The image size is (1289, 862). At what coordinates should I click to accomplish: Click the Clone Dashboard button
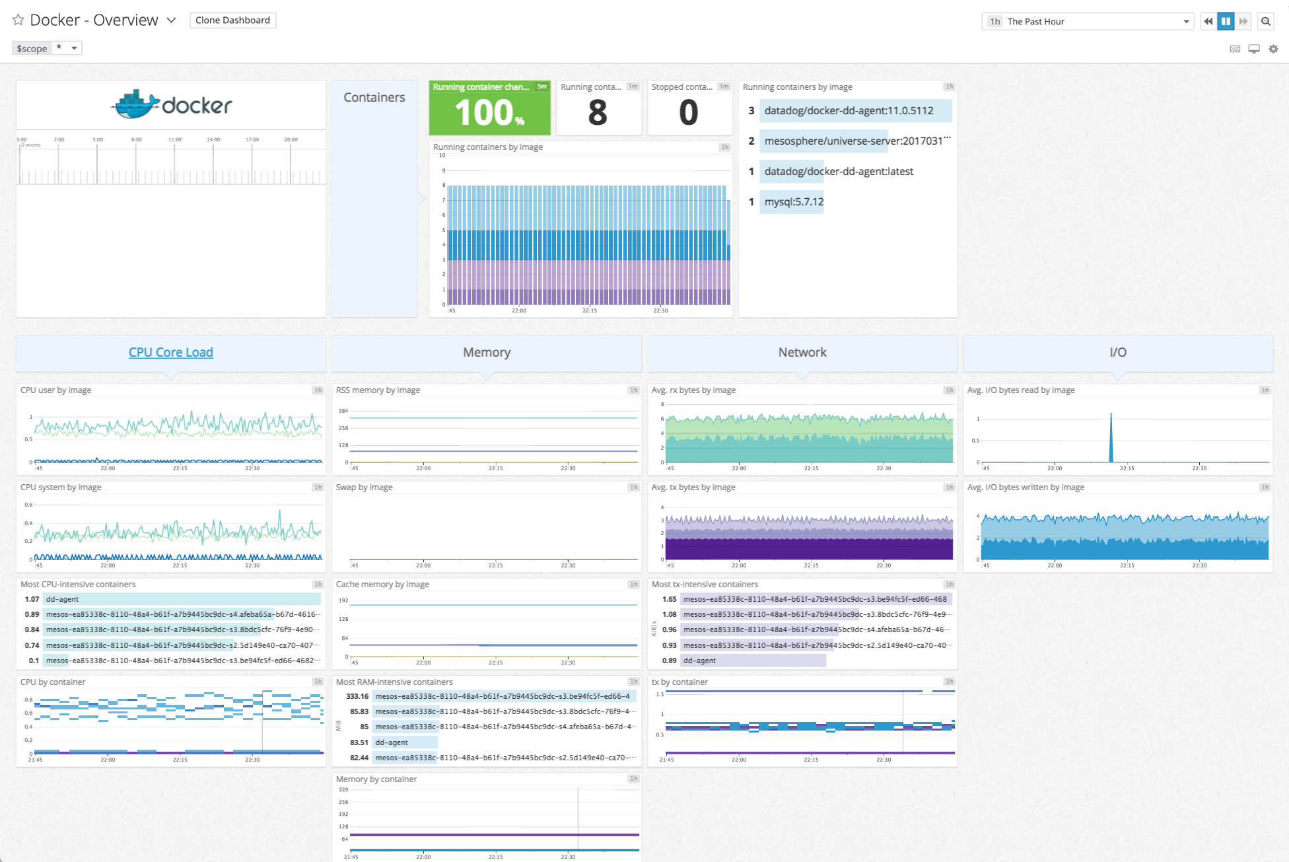[232, 20]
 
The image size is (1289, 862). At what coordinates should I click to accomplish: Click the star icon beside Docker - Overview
[18, 20]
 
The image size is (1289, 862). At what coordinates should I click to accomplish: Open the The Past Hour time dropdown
[1087, 22]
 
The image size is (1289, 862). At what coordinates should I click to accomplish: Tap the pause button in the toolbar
[1226, 22]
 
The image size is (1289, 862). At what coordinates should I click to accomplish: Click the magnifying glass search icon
[1265, 22]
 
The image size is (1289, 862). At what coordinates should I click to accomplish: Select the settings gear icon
[1273, 49]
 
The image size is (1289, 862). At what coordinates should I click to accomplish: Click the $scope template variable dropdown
[67, 48]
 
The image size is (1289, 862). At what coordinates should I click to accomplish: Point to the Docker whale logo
[136, 105]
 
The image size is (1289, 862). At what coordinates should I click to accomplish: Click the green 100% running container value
[489, 112]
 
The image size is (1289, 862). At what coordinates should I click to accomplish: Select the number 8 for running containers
[598, 113]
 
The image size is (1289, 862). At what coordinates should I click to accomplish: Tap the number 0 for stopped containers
[688, 113]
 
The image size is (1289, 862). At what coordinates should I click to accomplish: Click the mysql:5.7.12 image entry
[794, 202]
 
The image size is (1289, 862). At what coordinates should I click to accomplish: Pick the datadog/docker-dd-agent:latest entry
[839, 172]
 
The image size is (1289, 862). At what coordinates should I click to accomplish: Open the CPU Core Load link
[170, 353]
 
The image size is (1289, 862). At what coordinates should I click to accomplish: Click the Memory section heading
[487, 353]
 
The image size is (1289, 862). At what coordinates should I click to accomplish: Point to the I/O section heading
[1117, 353]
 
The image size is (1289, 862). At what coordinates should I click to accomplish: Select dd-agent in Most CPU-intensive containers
[63, 599]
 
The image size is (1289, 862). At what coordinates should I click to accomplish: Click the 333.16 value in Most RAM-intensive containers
[357, 696]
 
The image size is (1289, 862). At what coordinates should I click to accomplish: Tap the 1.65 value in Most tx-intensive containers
[669, 599]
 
